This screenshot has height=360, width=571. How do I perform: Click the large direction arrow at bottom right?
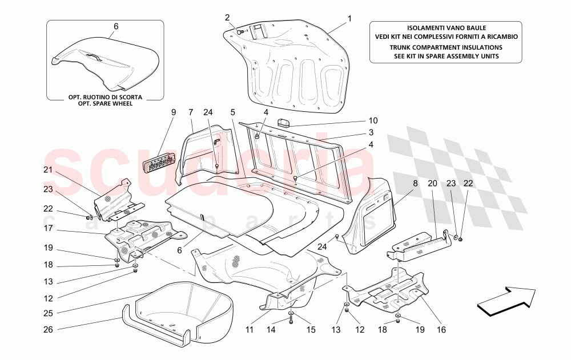pos(507,301)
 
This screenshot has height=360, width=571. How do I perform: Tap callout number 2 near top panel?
pos(227,17)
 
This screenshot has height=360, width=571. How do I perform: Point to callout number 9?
pos(173,112)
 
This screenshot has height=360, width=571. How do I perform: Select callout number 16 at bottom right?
pos(441,329)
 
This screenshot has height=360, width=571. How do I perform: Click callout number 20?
pos(432,184)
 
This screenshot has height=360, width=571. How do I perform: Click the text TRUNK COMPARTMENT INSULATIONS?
pos(447,47)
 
